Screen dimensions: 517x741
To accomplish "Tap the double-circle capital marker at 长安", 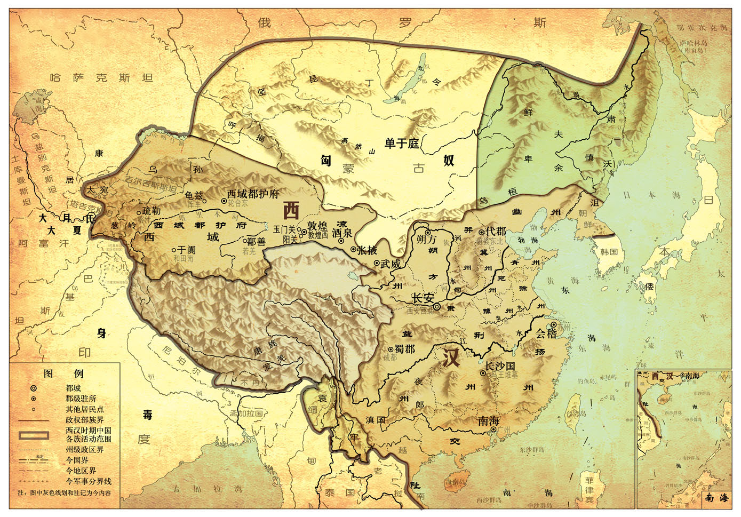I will pos(437,307).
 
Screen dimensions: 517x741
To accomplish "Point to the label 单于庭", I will pos(402,144).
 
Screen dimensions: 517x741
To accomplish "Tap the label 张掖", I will pos(367,250).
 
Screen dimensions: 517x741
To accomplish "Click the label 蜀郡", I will pos(404,349).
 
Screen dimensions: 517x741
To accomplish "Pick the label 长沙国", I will pos(500,367).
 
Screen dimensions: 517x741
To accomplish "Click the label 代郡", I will pos(495,231).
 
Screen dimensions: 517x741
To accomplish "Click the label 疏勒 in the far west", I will pos(152,211).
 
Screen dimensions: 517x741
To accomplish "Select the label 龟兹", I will pos(194,196).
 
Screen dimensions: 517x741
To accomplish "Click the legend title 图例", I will pos(63,373).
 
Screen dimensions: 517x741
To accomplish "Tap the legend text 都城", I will pos(73,388).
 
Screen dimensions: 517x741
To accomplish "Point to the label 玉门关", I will pos(284,229).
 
